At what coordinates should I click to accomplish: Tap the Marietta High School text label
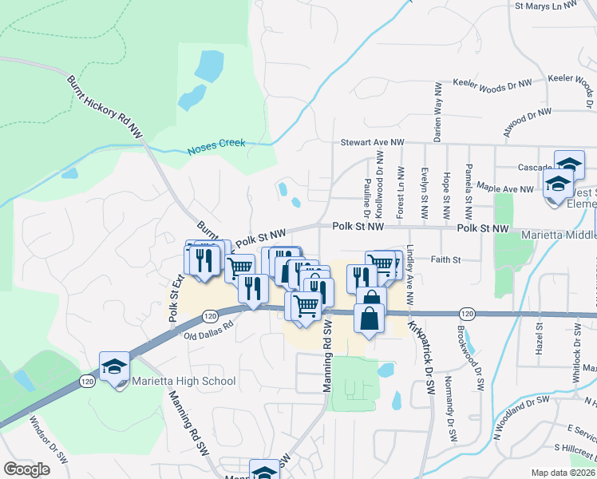point(184,381)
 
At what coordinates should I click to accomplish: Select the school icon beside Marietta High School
point(114,368)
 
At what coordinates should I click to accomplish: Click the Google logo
point(26,469)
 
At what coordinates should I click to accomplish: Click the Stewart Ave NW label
point(373,142)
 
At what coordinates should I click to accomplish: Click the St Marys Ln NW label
point(546,6)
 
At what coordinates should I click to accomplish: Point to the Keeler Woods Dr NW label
point(492,83)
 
